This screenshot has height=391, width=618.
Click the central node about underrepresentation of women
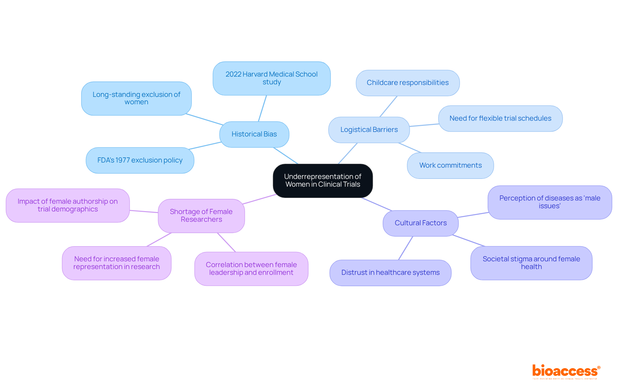coord(323,181)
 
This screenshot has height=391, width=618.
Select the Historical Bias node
coord(254,134)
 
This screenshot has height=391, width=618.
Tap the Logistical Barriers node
coord(369,130)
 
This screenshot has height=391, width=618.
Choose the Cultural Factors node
coord(420,223)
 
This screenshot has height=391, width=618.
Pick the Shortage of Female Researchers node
coord(201,216)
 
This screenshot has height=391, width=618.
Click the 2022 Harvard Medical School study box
coord(271,78)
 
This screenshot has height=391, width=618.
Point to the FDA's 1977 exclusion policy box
coord(140,160)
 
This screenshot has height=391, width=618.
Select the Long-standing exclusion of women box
coord(136,98)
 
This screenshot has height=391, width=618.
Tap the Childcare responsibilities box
coord(407,83)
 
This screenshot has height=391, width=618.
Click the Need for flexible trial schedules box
coord(500,118)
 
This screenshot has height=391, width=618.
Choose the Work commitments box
coord(450,165)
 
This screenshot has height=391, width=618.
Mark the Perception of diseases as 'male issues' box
coord(549,202)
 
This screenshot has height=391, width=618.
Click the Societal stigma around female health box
coord(531,263)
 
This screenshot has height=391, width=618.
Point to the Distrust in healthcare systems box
coord(390,273)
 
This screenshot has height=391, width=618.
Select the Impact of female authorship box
coord(68,205)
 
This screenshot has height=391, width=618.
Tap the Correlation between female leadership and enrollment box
coord(251,269)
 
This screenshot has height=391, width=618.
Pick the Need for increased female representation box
coord(117,263)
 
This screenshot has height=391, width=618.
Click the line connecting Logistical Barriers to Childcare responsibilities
coord(389,107)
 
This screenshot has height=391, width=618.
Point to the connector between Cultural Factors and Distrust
coord(406,248)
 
